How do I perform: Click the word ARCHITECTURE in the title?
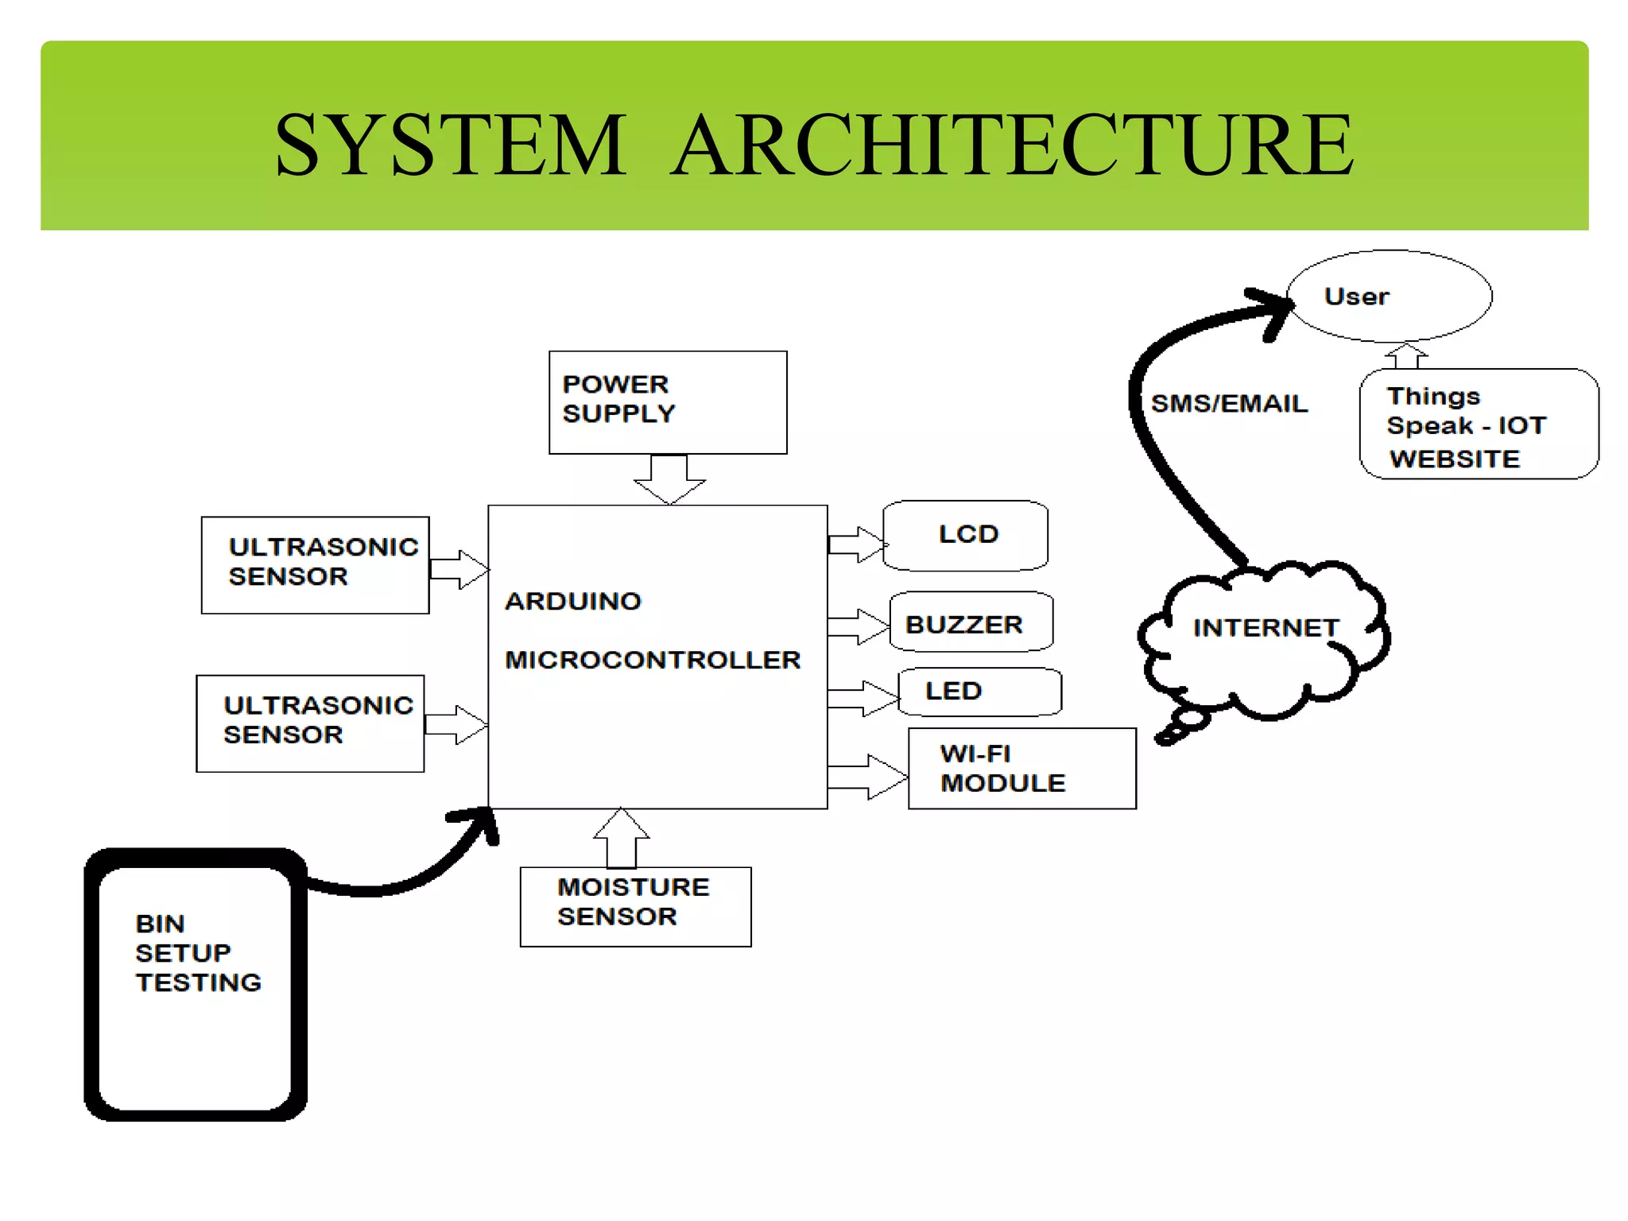tap(1012, 145)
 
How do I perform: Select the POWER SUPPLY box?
tap(667, 402)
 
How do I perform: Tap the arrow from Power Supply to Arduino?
tap(669, 478)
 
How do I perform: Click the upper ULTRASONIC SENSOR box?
tap(315, 564)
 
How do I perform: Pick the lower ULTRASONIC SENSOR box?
tap(310, 723)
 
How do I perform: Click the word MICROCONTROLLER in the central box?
tap(653, 660)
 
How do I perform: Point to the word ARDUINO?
tap(572, 601)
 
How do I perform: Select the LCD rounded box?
tap(966, 535)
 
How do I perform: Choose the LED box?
tap(979, 691)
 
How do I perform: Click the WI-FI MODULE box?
tap(1021, 768)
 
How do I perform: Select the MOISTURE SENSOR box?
tap(634, 905)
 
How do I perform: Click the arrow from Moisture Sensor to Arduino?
tap(622, 839)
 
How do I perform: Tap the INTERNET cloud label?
tap(1266, 628)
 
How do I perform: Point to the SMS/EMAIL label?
tap(1229, 404)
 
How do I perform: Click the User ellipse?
tap(1389, 296)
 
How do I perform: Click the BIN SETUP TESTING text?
tap(198, 952)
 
